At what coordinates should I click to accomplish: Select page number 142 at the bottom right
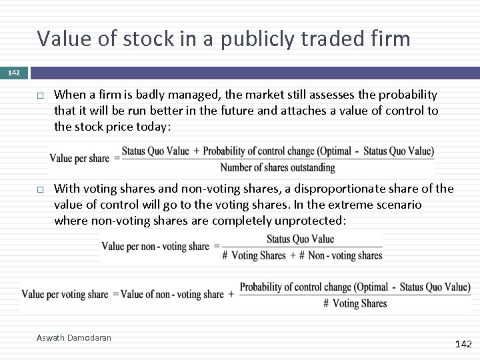coord(463,344)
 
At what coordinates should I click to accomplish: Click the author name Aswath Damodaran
coord(74,338)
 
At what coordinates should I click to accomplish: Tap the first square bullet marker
coord(41,95)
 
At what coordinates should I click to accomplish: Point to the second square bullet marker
coord(41,190)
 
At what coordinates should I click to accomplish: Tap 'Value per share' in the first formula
coord(79,159)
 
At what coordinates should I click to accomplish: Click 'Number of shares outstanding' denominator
coord(277,167)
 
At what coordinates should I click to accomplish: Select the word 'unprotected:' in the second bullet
coord(314,221)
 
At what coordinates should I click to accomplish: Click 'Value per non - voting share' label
coord(155,247)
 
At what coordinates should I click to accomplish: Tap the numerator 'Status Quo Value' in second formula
coord(300,239)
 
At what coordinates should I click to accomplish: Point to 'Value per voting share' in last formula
coord(65,294)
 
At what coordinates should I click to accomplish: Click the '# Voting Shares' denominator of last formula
coord(355,303)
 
